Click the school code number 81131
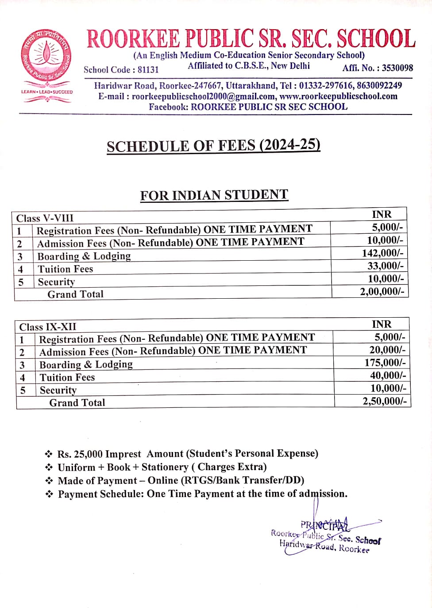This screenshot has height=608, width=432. (x=148, y=70)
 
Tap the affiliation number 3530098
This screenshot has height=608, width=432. (x=397, y=68)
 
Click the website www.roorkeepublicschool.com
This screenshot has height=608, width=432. (x=338, y=96)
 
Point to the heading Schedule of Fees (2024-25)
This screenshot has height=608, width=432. (x=213, y=146)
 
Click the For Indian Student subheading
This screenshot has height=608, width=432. (x=214, y=195)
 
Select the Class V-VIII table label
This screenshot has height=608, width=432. (x=45, y=218)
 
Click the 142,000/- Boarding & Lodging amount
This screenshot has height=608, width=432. (x=382, y=253)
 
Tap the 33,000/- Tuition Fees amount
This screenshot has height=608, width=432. (x=385, y=266)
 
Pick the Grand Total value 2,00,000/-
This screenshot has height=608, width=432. (x=382, y=291)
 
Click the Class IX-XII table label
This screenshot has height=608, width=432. (x=48, y=327)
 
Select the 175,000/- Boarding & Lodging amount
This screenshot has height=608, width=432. (x=385, y=362)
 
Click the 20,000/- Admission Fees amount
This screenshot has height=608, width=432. (x=387, y=350)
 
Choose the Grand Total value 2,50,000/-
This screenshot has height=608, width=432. (x=384, y=401)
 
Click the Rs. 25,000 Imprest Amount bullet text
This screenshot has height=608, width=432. (x=188, y=454)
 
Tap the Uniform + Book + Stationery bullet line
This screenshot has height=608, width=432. (x=162, y=467)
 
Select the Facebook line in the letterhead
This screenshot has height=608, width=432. (x=248, y=107)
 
